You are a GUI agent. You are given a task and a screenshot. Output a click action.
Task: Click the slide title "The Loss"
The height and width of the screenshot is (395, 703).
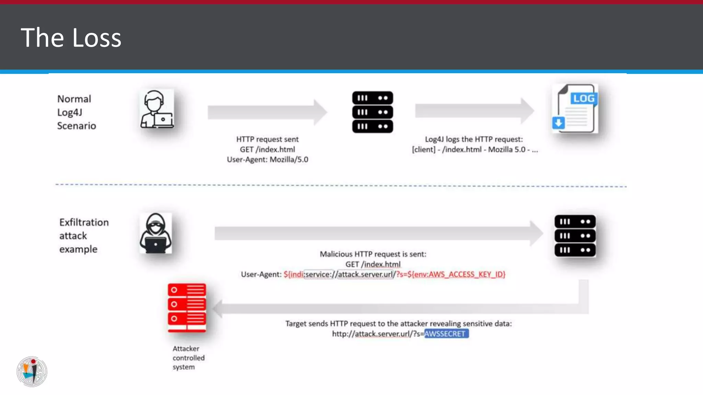coord(71,37)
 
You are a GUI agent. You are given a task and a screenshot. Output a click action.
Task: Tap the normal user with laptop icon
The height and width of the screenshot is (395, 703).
coord(157,109)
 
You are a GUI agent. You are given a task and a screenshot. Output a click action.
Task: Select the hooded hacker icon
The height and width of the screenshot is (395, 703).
coord(155,233)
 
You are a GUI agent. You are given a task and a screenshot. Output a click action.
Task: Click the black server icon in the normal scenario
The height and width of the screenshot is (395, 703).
coord(372,112)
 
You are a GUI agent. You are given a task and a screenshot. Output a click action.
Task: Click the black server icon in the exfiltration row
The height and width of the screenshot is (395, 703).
coord(575,236)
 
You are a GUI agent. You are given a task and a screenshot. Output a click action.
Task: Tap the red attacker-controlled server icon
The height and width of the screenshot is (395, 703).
coord(187,308)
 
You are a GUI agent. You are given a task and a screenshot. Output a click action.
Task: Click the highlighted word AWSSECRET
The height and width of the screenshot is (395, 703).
coord(446,334)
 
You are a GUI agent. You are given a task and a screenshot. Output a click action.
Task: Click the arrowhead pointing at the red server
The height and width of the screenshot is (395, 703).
coord(218,309)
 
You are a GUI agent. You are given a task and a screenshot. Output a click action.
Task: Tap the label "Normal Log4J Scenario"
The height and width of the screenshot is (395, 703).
coord(76,112)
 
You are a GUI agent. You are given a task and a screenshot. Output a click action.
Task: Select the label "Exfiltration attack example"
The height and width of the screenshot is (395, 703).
coord(83,236)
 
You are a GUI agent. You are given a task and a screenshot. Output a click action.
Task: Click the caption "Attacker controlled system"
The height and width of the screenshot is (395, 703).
coord(188,358)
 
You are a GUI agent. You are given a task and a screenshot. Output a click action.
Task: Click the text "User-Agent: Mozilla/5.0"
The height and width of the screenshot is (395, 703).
coord(267,159)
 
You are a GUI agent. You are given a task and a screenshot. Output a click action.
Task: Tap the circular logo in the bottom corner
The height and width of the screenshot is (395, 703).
coord(32,371)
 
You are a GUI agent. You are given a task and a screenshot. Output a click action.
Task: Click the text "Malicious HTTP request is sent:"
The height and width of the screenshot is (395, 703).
coord(373,254)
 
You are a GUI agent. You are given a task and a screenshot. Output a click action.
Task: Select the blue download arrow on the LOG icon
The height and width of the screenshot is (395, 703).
coord(558,122)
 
